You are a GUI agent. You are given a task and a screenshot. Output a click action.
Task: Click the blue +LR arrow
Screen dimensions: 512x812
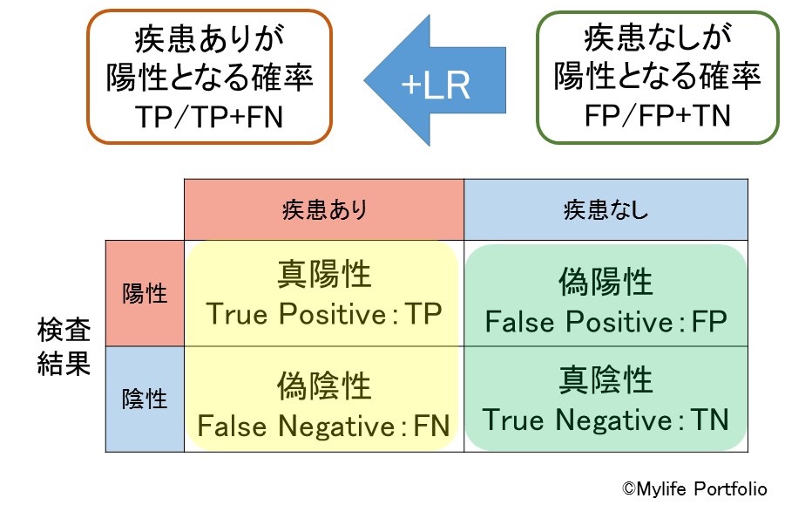pos(436,83)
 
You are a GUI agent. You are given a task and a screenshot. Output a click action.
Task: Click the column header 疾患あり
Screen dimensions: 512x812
pos(324,210)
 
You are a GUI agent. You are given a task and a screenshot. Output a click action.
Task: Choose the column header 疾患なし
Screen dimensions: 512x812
pos(606,210)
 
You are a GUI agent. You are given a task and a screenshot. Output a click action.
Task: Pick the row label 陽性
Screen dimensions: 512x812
pos(145,293)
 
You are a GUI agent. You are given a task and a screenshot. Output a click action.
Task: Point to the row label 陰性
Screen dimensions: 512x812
pos(145,399)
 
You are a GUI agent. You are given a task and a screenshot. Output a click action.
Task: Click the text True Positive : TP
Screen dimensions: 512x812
pos(323,314)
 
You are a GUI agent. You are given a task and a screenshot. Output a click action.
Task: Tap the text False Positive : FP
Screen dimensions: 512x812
pos(606,322)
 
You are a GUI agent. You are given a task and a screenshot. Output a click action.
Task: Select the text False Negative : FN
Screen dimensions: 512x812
pos(323,427)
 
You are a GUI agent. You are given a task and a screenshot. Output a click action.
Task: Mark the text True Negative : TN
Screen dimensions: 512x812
pos(606,420)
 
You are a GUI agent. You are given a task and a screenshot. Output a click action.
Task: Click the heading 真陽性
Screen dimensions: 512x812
pos(324,275)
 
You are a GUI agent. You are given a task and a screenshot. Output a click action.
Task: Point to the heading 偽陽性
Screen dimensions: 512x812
pos(606,283)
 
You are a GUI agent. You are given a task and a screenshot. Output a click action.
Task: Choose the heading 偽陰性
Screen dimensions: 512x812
pos(324,386)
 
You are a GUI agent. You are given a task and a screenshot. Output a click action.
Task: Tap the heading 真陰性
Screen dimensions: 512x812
pos(606,381)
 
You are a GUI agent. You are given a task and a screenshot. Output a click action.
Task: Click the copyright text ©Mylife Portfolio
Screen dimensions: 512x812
pos(694,489)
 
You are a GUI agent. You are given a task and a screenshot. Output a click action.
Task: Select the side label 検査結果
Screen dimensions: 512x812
pos(64,347)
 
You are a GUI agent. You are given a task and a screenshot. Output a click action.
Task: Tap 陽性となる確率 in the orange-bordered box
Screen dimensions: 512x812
pos(210,79)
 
